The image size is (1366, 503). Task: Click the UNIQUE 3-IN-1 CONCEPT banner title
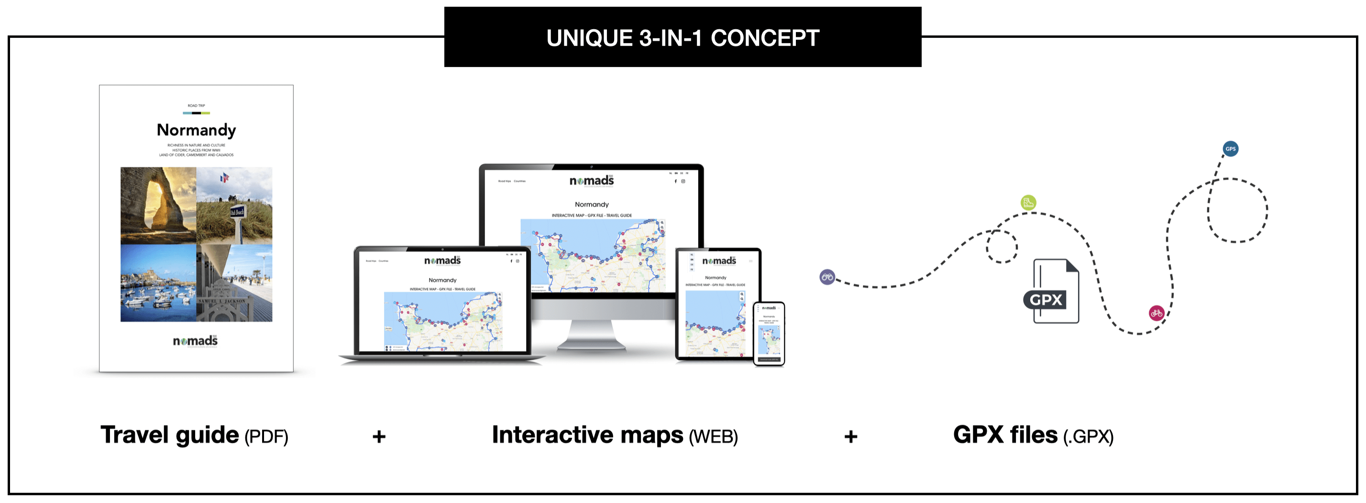click(683, 38)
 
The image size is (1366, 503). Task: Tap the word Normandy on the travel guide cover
click(196, 130)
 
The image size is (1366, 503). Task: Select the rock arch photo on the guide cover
click(158, 205)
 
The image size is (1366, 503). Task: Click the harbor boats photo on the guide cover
click(158, 283)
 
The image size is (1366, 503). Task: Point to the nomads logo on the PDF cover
click(195, 341)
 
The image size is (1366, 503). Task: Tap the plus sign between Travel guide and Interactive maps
click(379, 437)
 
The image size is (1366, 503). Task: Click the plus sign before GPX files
click(850, 437)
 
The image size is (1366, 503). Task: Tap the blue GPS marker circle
click(1230, 149)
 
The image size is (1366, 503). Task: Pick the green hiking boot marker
click(1028, 202)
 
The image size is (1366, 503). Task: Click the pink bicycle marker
click(1157, 313)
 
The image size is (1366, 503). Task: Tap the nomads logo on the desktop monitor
click(591, 181)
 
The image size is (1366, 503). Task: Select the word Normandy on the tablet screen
click(716, 278)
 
